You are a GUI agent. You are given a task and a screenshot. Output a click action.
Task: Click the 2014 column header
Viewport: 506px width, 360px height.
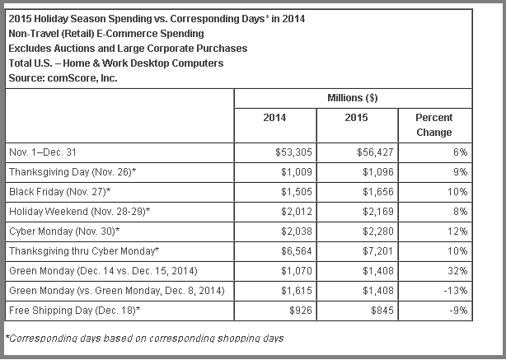pyautogui.click(x=274, y=118)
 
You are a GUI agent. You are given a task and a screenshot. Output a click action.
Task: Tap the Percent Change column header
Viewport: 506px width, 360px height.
pyautogui.click(x=433, y=124)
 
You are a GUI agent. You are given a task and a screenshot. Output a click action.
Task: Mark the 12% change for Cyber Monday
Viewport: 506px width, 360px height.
pyautogui.click(x=458, y=230)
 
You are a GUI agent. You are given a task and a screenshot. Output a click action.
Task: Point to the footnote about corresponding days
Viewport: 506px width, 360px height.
pyautogui.click(x=145, y=338)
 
